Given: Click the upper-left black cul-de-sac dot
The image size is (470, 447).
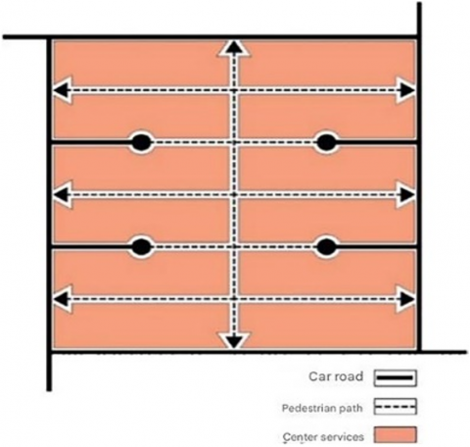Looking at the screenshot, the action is tap(141, 143).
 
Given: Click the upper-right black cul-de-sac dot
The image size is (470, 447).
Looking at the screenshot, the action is tap(326, 143).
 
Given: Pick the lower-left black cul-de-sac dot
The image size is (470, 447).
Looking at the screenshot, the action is tap(141, 247).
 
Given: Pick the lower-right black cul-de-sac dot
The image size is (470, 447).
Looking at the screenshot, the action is tap(326, 247).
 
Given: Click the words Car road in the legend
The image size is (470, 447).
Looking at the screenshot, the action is tap(336, 376).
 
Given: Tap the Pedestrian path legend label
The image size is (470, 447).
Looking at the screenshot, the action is tap(322, 408).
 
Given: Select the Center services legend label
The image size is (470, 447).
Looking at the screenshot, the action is tap(323, 436).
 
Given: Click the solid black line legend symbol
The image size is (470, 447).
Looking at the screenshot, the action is tap(395, 378).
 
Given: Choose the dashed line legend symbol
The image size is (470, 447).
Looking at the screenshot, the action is tap(395, 407).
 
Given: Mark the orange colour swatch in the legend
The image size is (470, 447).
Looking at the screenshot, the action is tap(395, 435).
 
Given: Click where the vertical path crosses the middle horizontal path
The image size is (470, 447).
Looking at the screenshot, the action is tap(234, 195).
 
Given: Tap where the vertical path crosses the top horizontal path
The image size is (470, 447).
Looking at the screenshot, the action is tap(234, 90).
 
